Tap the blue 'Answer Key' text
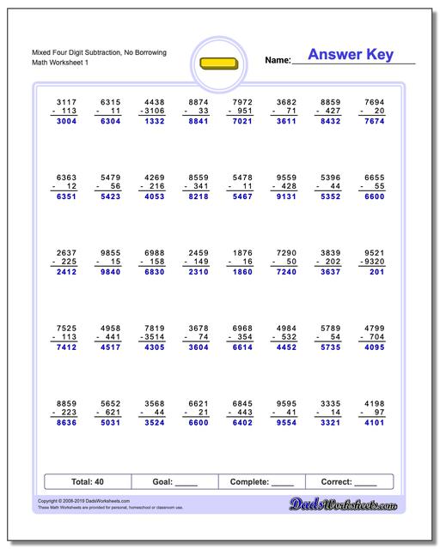[x=350, y=56]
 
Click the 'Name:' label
[x=277, y=60]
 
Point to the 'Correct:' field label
[x=338, y=482]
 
